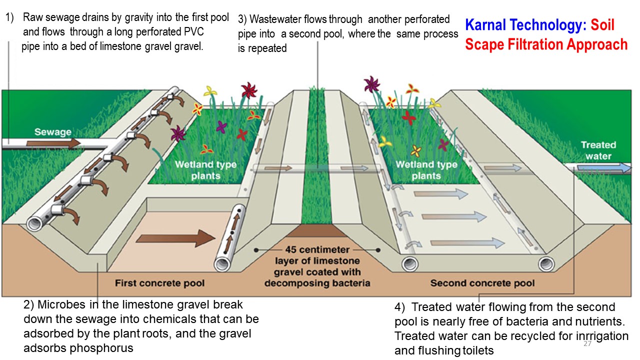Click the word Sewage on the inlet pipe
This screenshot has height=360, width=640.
[52, 132]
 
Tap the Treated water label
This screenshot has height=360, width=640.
[598, 150]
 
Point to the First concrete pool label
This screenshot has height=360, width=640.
[159, 283]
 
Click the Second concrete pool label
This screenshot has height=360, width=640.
[482, 283]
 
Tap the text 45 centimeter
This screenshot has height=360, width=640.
[317, 249]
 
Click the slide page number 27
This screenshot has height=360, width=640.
[587, 343]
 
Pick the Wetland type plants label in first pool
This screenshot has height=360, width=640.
[205, 170]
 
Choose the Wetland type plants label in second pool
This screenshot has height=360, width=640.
[426, 170]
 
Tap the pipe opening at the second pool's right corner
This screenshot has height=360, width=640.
[546, 263]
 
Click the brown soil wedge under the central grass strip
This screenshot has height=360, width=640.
[317, 231]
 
